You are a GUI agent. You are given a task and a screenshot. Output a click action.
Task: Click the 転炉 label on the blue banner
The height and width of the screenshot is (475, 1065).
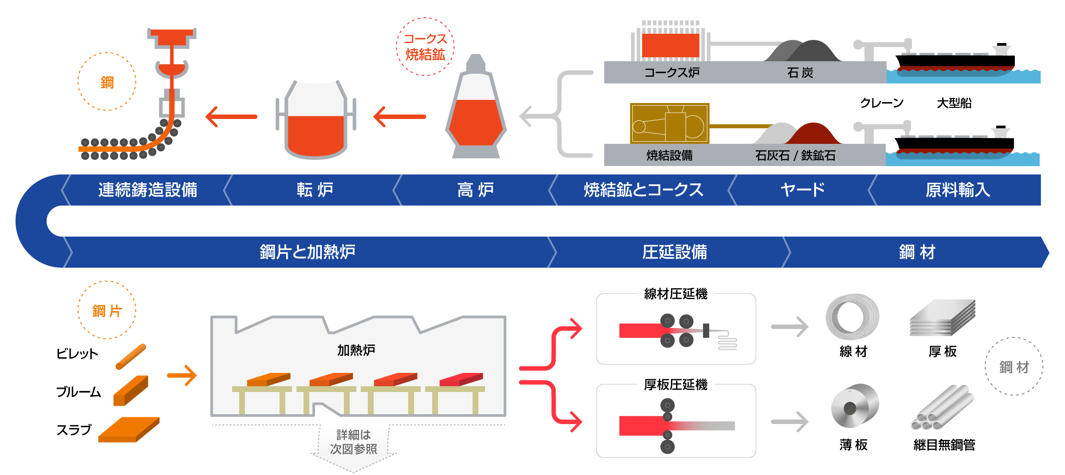click(315, 190)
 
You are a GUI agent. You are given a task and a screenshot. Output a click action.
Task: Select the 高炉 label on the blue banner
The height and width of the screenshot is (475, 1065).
click(475, 190)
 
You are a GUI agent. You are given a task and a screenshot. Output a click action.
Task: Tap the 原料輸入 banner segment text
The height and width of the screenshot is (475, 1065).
click(958, 190)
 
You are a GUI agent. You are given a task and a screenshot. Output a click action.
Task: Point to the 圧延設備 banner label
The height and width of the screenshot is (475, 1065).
click(674, 252)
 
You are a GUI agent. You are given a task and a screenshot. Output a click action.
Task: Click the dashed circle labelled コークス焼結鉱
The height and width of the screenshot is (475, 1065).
click(425, 47)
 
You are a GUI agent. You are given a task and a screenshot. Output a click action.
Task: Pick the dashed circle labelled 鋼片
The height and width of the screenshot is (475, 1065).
click(107, 310)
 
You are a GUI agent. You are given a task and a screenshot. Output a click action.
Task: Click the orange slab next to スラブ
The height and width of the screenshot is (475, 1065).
click(129, 429)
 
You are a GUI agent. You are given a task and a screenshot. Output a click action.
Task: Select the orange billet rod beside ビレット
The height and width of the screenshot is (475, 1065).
click(131, 356)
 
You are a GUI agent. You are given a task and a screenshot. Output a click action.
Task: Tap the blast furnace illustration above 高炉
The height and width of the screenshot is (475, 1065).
click(476, 111)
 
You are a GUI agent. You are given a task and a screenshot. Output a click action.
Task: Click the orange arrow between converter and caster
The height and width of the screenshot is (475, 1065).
click(232, 117)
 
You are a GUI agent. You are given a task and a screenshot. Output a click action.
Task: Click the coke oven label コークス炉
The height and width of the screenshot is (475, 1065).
click(671, 72)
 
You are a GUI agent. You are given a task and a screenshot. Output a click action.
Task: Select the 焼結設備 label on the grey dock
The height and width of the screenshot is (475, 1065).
click(669, 155)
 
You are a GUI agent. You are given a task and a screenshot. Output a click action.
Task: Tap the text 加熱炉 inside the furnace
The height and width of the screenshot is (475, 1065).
click(356, 350)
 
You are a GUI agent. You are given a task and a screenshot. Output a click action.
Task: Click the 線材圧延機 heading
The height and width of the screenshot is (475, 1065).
click(675, 294)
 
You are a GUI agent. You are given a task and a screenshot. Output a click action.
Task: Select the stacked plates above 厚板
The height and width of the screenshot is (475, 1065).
click(942, 318)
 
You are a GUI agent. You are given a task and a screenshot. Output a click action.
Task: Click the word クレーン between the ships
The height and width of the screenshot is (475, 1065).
click(882, 103)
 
